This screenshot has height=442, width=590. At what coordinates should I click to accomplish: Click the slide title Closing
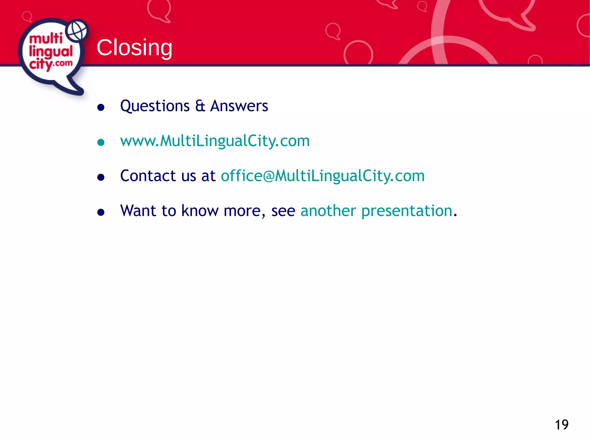(134, 47)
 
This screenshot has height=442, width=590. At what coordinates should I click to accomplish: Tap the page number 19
(561, 425)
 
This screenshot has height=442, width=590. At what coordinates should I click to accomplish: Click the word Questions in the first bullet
(155, 106)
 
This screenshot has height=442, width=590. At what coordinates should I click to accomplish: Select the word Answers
(239, 106)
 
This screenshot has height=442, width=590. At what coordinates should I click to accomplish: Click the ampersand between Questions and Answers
(200, 106)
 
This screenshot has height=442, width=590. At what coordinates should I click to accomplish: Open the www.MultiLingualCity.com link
(215, 141)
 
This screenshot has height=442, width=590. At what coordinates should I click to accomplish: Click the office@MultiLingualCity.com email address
(323, 176)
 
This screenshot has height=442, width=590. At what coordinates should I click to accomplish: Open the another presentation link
(377, 211)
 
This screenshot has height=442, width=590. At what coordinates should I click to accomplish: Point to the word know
(200, 211)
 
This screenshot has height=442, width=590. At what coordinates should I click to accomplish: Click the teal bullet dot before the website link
(101, 142)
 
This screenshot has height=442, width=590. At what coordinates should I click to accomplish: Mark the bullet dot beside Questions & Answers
(101, 108)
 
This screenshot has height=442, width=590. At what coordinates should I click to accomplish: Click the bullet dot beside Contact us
(101, 177)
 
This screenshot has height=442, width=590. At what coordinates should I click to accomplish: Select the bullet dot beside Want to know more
(101, 212)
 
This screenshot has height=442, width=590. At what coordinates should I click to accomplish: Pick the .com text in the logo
(63, 63)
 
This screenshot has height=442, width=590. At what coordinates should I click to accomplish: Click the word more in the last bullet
(242, 211)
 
